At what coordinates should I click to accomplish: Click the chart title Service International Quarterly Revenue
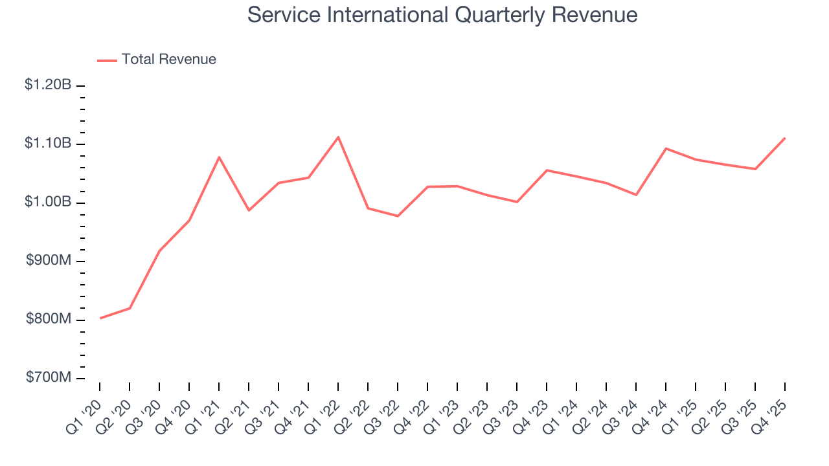tap(442, 15)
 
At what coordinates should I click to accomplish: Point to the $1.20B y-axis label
tap(48, 85)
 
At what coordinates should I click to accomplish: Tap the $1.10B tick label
tap(48, 144)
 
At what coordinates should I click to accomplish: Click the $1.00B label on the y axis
tap(48, 202)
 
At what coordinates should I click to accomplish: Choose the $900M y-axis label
tap(49, 261)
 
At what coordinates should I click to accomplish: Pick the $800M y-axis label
tap(49, 319)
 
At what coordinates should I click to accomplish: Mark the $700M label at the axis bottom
tap(49, 377)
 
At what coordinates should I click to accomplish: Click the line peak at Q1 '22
tap(338, 137)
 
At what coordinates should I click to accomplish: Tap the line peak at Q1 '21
tap(219, 157)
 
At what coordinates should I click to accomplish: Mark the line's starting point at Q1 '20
tap(100, 318)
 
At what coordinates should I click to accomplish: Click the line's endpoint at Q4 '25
tap(785, 138)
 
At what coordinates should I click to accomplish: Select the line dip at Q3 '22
tap(398, 216)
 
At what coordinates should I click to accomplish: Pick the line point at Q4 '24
tap(666, 148)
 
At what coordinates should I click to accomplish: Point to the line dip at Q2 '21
tap(249, 210)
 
